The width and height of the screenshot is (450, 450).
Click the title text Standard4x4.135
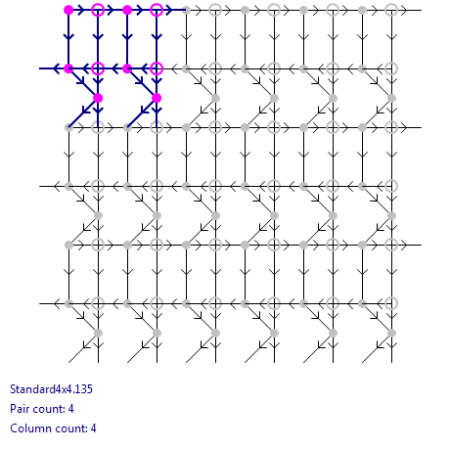[x=51, y=389]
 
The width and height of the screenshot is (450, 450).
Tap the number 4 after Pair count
[x=70, y=409]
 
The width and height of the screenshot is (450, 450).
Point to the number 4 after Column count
[x=93, y=428]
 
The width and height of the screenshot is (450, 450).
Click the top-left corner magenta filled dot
[x=68, y=10]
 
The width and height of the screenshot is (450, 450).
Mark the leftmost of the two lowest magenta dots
[x=98, y=98]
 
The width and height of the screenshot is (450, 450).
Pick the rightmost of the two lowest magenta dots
[x=157, y=98]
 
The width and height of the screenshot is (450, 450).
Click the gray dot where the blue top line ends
[x=186, y=10]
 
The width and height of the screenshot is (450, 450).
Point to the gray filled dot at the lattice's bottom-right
[x=391, y=333]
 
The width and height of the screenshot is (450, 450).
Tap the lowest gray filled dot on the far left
[x=68, y=303]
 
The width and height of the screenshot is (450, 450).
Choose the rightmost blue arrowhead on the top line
[x=169, y=10]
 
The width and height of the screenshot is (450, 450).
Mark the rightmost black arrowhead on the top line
[x=404, y=10]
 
